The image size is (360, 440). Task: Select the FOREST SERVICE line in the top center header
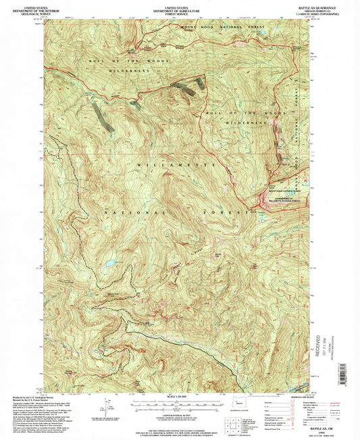click(x=179, y=11)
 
